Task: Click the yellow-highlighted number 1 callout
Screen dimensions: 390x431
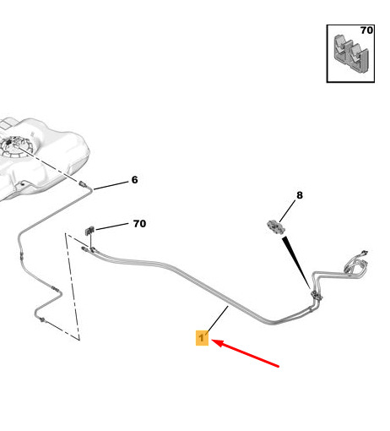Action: (202, 338)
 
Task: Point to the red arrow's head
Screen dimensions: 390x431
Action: (218, 342)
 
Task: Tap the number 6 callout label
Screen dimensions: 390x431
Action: (135, 180)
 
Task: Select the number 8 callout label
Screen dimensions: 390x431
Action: (300, 195)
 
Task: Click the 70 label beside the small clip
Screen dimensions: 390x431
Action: (139, 224)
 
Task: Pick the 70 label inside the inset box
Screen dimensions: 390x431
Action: (366, 30)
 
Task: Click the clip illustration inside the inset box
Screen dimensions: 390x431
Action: (351, 54)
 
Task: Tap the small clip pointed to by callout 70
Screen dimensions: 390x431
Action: (89, 231)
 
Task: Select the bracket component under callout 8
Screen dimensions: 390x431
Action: (275, 227)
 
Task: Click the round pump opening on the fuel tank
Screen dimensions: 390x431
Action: (14, 146)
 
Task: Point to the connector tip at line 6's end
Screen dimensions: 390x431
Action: (83, 184)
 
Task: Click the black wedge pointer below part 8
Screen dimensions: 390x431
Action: (296, 263)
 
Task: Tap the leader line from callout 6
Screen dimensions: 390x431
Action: (111, 186)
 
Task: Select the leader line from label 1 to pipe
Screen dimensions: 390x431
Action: (217, 320)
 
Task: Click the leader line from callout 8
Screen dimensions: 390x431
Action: (288, 211)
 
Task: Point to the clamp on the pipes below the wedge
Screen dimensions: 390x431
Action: (317, 296)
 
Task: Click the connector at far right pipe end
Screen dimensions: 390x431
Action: (365, 252)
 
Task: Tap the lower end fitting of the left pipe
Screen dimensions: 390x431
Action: (42, 320)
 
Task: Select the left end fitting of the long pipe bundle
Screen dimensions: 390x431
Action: (84, 248)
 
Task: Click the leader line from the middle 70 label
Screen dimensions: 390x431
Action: (111, 226)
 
